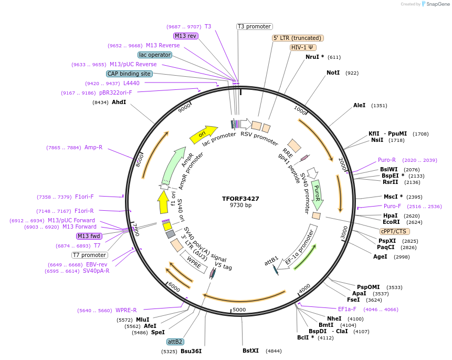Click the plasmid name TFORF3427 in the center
point(240,199)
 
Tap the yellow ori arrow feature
point(203,135)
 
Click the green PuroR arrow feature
point(317,194)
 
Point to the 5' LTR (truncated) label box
point(298,38)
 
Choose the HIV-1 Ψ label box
point(303,47)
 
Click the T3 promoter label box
point(254,26)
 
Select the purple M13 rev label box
point(186,36)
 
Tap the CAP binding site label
point(129,74)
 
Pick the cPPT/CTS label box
point(394,231)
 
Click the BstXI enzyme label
point(250,351)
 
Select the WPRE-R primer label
point(126,310)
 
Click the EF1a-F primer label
point(347,309)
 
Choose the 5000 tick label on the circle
point(239,310)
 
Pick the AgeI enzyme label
point(380,256)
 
